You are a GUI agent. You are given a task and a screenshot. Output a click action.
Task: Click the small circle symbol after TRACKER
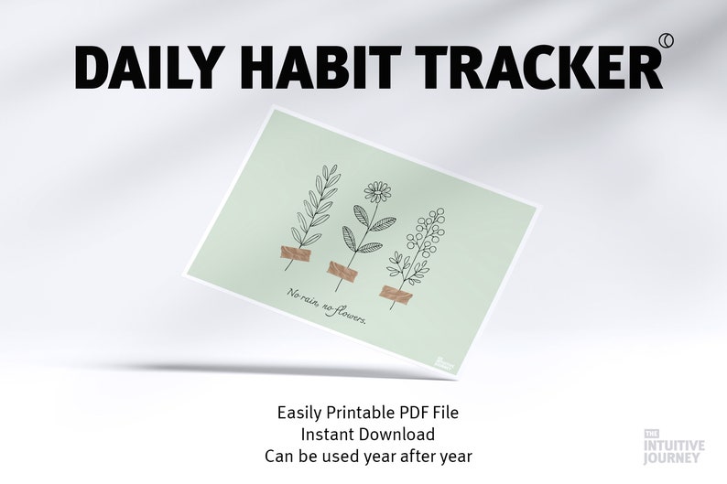tap(666, 38)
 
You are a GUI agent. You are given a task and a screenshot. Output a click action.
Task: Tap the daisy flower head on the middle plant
tap(376, 191)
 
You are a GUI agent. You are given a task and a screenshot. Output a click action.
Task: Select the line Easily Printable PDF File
tap(367, 413)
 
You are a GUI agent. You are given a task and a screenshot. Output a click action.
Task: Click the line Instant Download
tap(367, 434)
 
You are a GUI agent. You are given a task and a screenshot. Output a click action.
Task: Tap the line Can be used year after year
tap(367, 455)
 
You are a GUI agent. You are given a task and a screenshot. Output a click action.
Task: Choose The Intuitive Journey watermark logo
tap(674, 446)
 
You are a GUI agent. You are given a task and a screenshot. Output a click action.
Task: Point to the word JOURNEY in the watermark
tap(674, 459)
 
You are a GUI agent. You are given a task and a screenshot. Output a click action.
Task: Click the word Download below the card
tap(396, 434)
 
